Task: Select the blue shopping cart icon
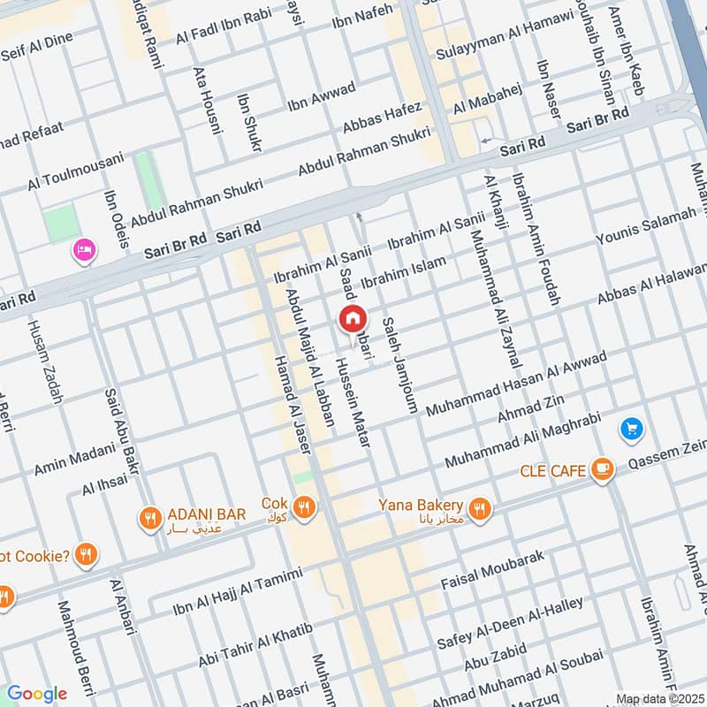[631, 430]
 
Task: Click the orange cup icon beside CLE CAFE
[603, 470]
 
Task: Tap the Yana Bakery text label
[421, 505]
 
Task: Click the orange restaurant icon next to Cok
[304, 507]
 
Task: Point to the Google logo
[36, 694]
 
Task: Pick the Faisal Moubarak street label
[492, 570]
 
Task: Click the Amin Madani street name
[75, 458]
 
